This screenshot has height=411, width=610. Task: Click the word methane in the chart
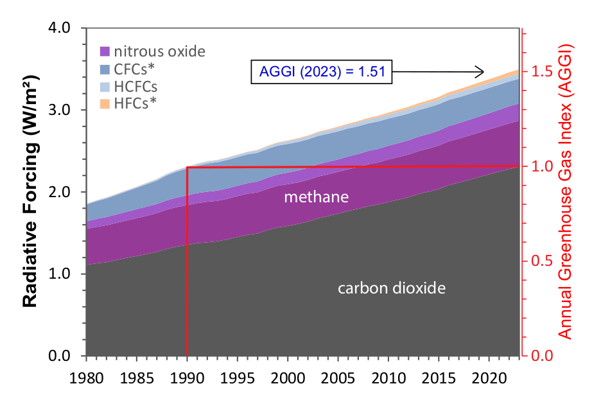click(x=317, y=197)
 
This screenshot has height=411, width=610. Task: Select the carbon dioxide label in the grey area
click(x=391, y=288)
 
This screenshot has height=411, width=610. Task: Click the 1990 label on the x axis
click(x=187, y=376)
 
